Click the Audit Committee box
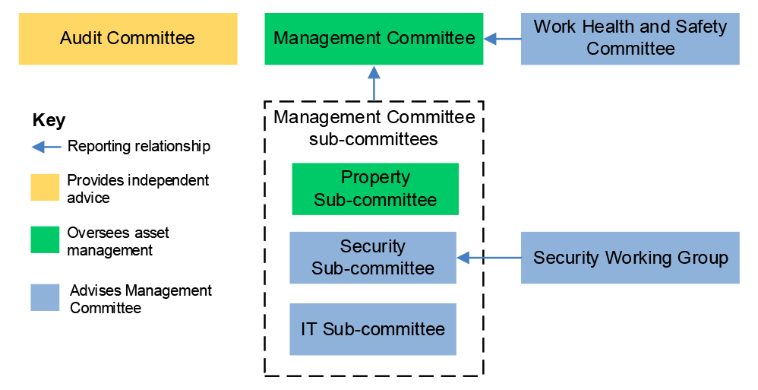128,39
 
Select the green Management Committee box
374,39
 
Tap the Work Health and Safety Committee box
630,39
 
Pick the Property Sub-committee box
375,189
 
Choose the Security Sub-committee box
373,258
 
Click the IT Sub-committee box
373,329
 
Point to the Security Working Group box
630,258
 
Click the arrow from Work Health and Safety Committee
502,38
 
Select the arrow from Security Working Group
488,258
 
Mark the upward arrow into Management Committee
374,83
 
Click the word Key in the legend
49,121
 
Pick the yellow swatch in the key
45,188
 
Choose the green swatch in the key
45,240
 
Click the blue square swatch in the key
45,297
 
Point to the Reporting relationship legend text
138,147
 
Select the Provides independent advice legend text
137,189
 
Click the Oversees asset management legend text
118,241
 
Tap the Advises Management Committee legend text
141,299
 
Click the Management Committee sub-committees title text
374,128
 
